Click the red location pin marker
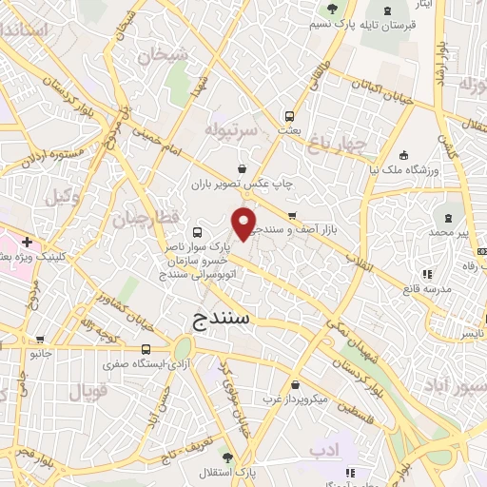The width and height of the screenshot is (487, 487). tap(244, 224)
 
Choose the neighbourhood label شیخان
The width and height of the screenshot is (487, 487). tap(158, 56)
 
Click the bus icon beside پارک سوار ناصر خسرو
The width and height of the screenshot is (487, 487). tap(197, 232)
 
